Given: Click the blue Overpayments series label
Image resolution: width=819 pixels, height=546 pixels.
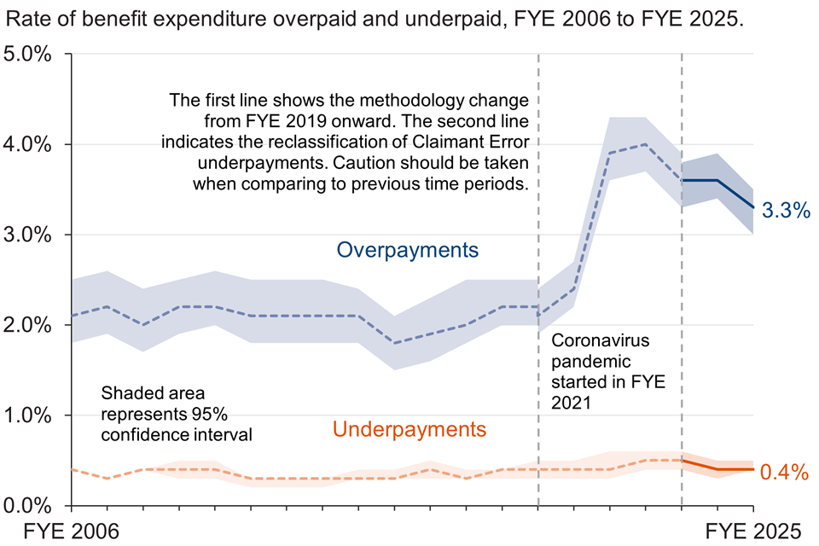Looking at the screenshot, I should (408, 250).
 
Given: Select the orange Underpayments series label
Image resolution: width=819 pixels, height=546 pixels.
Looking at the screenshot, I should (409, 429).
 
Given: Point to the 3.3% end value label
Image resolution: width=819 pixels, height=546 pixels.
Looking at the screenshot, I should (785, 212).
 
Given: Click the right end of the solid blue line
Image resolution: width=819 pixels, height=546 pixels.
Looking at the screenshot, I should (753, 207).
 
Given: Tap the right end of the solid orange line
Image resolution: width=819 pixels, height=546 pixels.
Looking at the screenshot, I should (753, 469).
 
